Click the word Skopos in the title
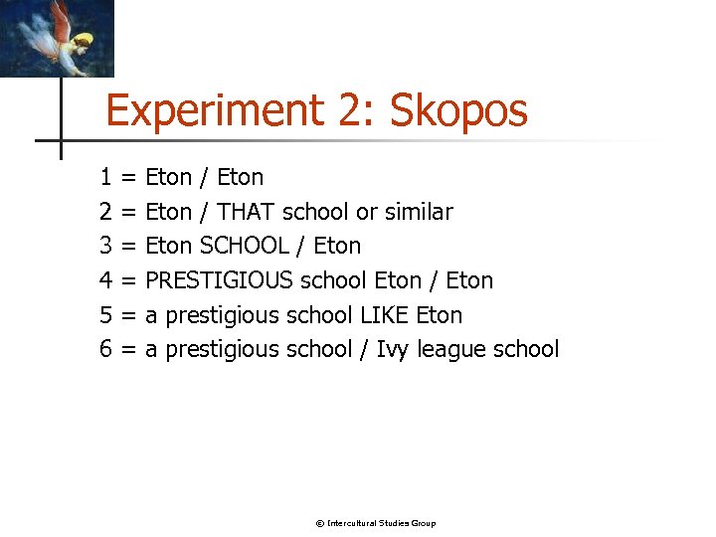(458, 110)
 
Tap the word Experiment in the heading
(215, 110)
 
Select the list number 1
(105, 178)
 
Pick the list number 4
(105, 281)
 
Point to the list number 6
(105, 350)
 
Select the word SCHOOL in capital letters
(244, 247)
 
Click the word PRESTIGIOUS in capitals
(219, 281)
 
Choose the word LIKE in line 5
(385, 316)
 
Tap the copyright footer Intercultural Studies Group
(375, 523)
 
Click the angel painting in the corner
(57, 38)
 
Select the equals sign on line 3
(128, 247)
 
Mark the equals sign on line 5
(128, 316)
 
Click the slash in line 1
(204, 178)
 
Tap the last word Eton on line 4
(469, 281)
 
